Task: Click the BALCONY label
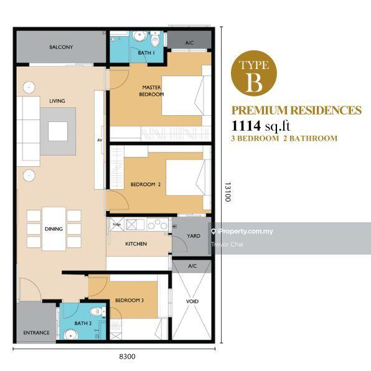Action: click(x=61, y=47)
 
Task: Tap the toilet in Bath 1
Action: click(x=155, y=39)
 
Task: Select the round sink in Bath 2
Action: click(x=71, y=334)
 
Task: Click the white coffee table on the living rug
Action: click(x=58, y=131)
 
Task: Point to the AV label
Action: click(x=100, y=140)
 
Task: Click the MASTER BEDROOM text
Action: click(x=151, y=91)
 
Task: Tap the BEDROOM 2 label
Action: click(x=146, y=184)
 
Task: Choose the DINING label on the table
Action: click(x=54, y=229)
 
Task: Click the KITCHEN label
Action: click(x=136, y=244)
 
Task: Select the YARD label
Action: click(x=194, y=236)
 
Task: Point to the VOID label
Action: click(x=192, y=301)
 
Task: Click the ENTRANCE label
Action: click(x=37, y=332)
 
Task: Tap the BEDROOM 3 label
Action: click(x=129, y=300)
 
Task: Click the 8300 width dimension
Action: click(x=127, y=357)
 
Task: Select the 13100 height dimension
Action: click(x=228, y=192)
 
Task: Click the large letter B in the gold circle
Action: click(x=254, y=82)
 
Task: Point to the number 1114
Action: click(x=246, y=126)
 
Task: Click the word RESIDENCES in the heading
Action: click(x=326, y=110)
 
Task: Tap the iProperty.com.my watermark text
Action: click(x=245, y=232)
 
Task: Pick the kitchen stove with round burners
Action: click(x=157, y=224)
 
